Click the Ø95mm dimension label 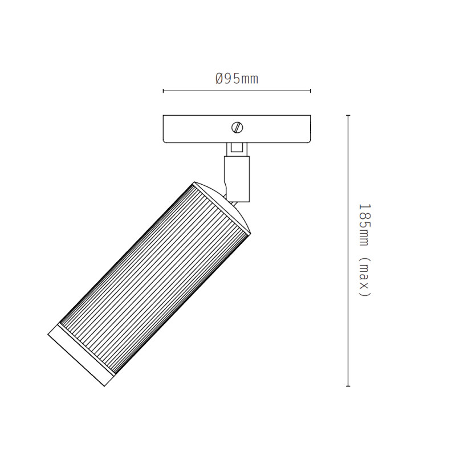(x=237, y=79)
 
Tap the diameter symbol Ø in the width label (x=219, y=79)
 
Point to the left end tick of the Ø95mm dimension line (x=164, y=91)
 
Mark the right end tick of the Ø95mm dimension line (x=311, y=91)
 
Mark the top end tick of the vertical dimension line (x=348, y=116)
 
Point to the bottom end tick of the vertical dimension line (x=348, y=386)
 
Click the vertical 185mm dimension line (x=348, y=251)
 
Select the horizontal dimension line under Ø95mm (x=237, y=91)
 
